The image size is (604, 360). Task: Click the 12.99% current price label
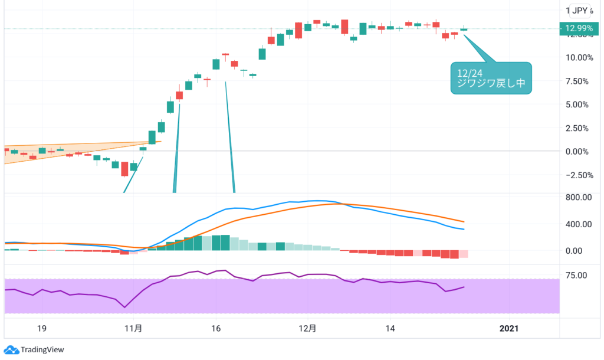[578, 28]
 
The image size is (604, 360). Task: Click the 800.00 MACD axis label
[578, 198]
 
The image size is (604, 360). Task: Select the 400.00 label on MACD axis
[578, 224]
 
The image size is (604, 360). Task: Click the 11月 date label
[134, 328]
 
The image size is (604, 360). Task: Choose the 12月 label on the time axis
[307, 328]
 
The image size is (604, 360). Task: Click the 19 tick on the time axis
[42, 328]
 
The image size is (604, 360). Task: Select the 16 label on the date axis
[215, 328]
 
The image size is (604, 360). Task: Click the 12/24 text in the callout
[466, 73]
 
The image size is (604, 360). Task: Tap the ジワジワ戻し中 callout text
[491, 84]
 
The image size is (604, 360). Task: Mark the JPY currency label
[580, 10]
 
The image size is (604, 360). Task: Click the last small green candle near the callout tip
[464, 29]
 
